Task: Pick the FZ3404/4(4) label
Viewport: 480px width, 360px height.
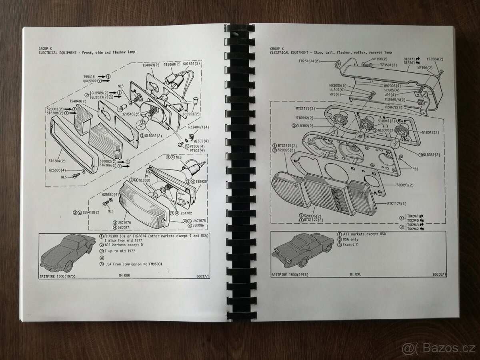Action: click(x=198, y=127)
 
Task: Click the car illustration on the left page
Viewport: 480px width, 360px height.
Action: click(x=66, y=252)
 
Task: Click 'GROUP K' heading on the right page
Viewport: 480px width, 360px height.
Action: click(x=277, y=48)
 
